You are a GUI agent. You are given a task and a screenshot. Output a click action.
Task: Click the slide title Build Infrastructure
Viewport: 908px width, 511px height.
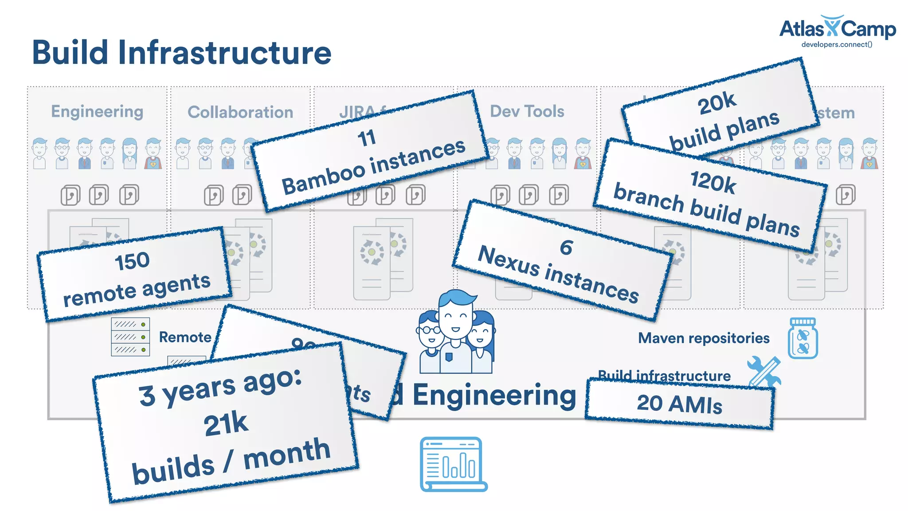(182, 52)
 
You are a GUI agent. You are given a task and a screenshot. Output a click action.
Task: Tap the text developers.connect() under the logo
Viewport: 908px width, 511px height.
(837, 44)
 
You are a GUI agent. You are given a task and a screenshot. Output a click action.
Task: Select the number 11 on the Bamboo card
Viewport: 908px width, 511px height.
(367, 138)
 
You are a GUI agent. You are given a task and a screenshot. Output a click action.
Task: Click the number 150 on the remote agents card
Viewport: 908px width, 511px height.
(132, 261)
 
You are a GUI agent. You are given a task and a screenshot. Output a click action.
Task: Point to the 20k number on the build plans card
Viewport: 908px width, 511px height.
(716, 103)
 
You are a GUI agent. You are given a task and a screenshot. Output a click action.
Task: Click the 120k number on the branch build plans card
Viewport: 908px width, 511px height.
(712, 182)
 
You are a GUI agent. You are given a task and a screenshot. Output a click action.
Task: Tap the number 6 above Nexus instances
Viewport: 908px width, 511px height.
(566, 247)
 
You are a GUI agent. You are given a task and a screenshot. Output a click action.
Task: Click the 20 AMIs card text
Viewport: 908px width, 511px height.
(679, 404)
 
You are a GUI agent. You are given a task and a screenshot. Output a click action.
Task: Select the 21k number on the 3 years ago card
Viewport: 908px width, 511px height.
(226, 424)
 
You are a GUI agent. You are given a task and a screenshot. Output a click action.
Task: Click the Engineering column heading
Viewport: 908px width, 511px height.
(97, 111)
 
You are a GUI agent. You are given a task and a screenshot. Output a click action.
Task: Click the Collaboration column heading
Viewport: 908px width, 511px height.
(240, 112)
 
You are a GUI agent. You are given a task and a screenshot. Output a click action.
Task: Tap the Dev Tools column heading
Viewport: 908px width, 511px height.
(527, 111)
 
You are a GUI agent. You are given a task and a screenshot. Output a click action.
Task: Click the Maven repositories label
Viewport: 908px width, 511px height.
(704, 338)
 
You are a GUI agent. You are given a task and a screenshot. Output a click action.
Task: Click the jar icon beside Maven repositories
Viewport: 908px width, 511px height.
(802, 338)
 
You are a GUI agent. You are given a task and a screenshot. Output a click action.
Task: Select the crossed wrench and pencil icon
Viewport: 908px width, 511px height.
(764, 372)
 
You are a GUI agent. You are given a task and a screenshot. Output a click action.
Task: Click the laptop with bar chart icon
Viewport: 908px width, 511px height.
(453, 464)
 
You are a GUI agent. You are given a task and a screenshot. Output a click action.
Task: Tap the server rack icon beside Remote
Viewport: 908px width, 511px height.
(130, 337)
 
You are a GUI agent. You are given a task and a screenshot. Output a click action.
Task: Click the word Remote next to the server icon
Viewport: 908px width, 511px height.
(185, 337)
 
